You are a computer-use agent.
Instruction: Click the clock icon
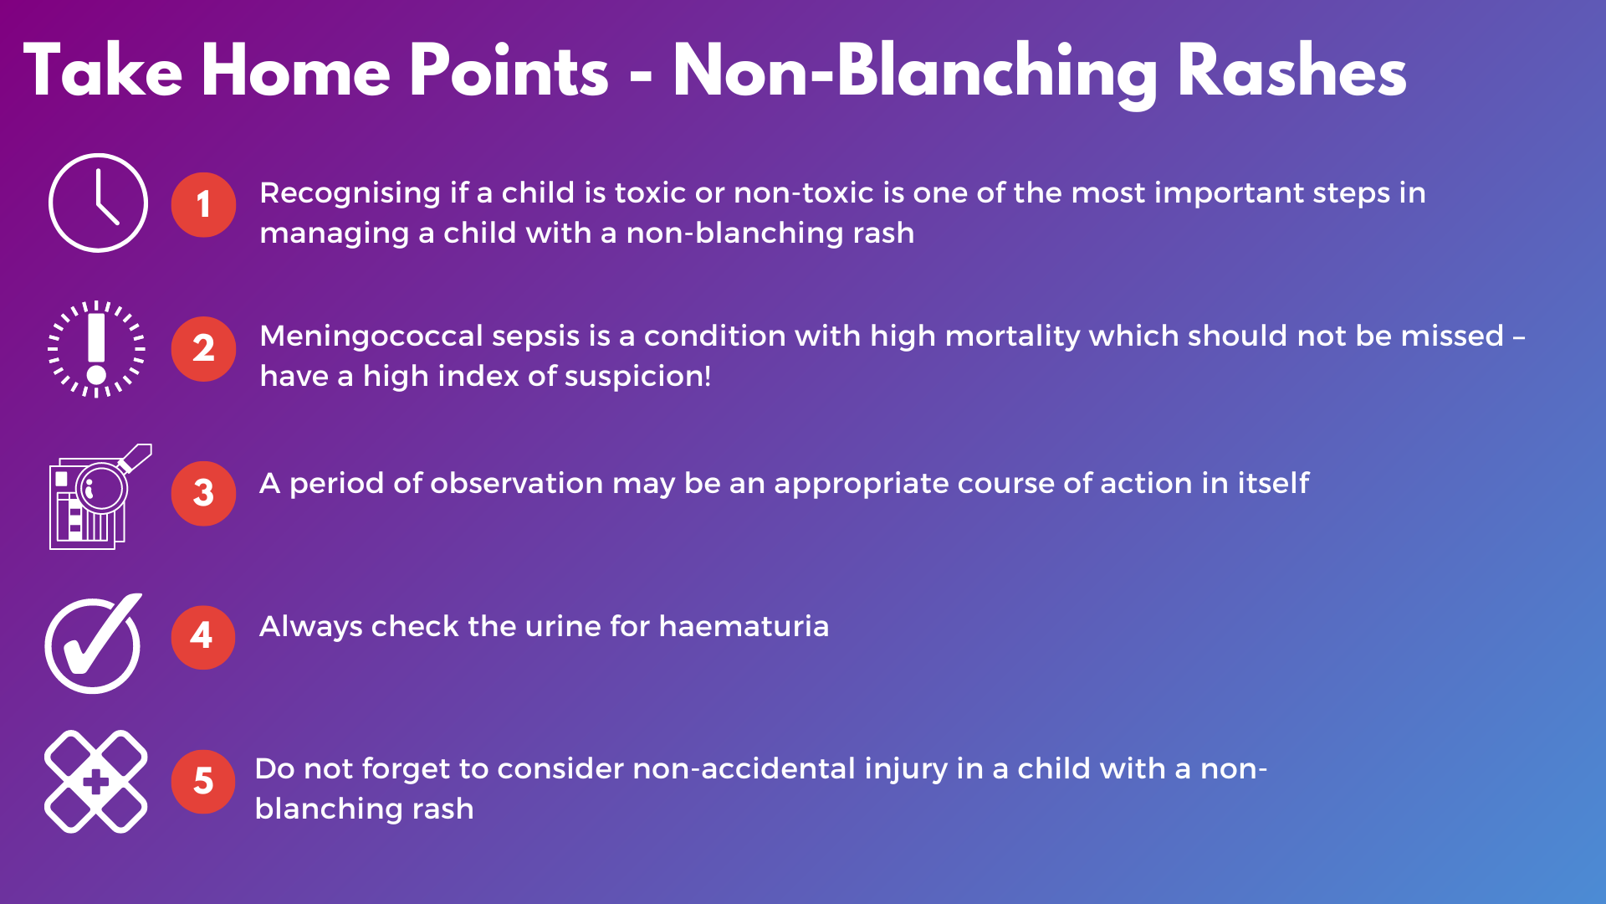tap(98, 203)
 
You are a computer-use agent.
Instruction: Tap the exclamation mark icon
tap(97, 348)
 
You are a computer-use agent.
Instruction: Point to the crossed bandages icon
tap(95, 782)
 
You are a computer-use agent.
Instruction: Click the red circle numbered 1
tap(203, 205)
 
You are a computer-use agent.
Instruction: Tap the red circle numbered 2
tap(203, 349)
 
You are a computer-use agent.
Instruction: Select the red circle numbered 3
tap(203, 493)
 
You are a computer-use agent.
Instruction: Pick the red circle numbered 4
tap(203, 637)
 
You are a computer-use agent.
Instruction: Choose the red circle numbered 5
tap(203, 782)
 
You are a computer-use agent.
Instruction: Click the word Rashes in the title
tap(1292, 73)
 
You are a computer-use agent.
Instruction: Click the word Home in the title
tap(295, 73)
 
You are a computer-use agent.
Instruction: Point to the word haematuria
tap(744, 626)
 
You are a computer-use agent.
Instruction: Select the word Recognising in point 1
tap(350, 194)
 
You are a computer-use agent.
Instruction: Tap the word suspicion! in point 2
tap(637, 377)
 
